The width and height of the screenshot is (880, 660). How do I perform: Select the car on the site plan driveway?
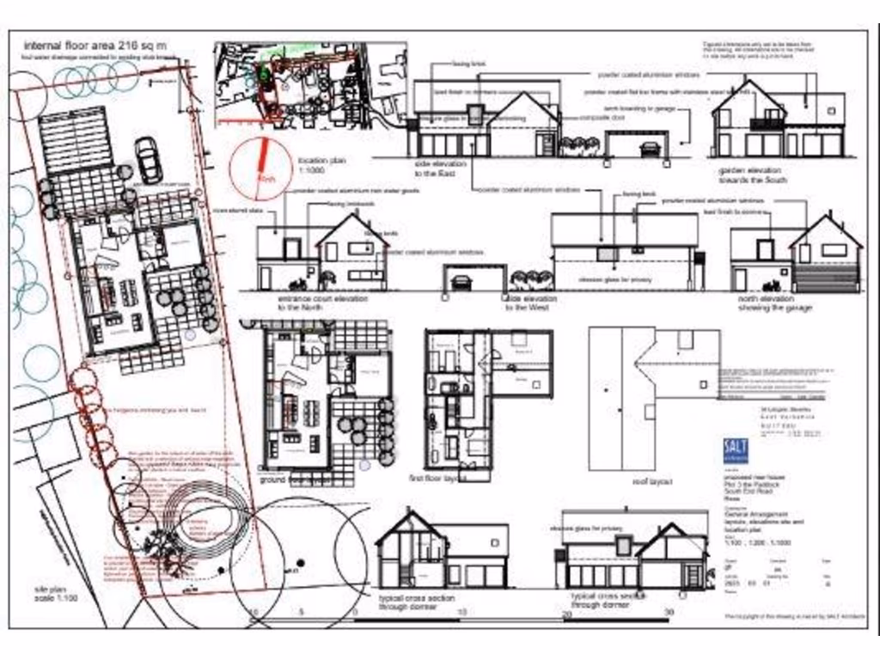click(148, 160)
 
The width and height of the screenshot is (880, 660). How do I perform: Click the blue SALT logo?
click(736, 451)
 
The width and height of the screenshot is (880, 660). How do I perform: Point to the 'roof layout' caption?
click(653, 482)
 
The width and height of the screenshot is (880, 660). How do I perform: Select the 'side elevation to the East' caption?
click(440, 168)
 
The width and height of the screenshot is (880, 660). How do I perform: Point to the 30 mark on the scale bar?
click(669, 613)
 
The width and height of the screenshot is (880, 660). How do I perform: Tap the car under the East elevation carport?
click(651, 149)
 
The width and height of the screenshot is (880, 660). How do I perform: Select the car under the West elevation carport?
click(461, 281)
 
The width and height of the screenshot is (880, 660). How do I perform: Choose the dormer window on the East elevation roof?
click(475, 114)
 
